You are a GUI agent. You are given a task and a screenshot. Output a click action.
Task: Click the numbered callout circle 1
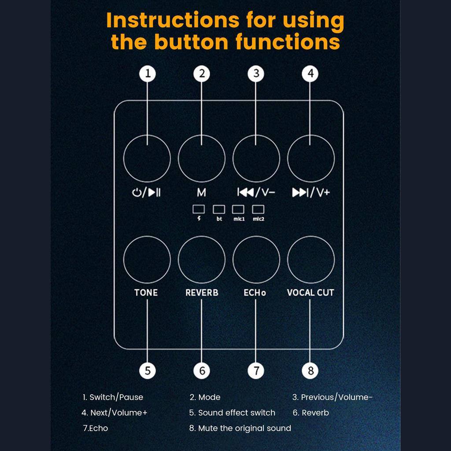(x=148, y=74)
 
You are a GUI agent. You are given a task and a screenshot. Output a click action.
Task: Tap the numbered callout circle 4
(x=310, y=74)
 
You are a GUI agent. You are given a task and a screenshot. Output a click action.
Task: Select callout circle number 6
(x=202, y=370)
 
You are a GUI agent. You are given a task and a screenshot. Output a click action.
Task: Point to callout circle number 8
(x=310, y=370)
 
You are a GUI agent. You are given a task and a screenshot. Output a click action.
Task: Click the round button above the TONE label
(x=147, y=259)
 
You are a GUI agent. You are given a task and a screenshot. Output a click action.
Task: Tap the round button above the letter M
(x=201, y=159)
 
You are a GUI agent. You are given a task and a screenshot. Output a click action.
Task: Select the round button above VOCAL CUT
(x=311, y=259)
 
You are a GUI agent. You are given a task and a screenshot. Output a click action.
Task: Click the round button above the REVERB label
(x=201, y=259)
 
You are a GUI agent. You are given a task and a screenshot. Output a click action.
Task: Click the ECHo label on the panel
(x=255, y=292)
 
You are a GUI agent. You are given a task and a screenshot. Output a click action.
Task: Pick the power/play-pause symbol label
(x=147, y=192)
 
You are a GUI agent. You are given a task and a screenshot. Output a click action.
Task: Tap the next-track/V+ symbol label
(x=311, y=192)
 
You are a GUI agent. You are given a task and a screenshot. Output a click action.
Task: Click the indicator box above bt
(x=219, y=209)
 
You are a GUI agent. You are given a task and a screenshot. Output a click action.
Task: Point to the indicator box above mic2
(x=258, y=209)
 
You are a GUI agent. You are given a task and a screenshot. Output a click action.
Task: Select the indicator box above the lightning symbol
(x=199, y=209)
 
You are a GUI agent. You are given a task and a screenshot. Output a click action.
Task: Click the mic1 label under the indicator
(x=238, y=218)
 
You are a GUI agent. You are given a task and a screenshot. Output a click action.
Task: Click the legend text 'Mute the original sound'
(x=244, y=428)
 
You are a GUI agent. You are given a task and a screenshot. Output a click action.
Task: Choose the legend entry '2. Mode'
(x=205, y=397)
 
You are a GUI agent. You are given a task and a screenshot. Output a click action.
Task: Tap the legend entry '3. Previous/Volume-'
(x=333, y=397)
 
